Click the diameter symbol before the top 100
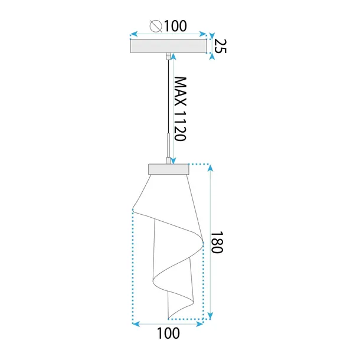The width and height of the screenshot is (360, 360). pyautogui.click(x=156, y=26)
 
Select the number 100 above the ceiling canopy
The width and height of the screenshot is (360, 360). pyautogui.click(x=176, y=26)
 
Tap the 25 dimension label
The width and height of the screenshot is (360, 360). pyautogui.click(x=220, y=46)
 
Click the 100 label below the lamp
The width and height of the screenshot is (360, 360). pyautogui.click(x=169, y=333)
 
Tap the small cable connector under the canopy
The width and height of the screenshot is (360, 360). pyautogui.click(x=170, y=55)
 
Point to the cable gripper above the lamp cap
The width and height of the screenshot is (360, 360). pyautogui.click(x=170, y=145)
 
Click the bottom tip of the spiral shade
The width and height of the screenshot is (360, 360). pyautogui.click(x=169, y=317)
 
